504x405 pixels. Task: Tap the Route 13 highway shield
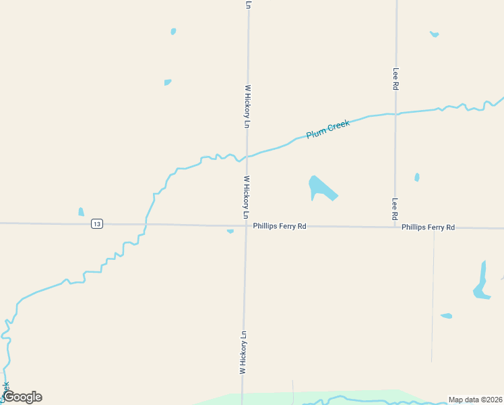(98, 224)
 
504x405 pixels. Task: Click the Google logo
(23, 397)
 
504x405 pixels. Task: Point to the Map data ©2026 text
(475, 400)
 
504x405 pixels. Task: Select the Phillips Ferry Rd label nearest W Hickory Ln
(280, 226)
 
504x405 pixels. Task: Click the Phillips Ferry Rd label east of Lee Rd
(428, 227)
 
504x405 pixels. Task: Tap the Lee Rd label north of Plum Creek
(396, 79)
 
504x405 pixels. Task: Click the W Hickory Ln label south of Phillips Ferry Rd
(243, 352)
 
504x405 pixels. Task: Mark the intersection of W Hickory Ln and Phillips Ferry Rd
(246, 225)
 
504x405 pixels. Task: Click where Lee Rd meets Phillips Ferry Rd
(396, 227)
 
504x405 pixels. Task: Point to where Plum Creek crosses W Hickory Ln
(247, 157)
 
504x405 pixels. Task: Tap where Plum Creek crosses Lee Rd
(396, 114)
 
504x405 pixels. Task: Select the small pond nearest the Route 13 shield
(82, 212)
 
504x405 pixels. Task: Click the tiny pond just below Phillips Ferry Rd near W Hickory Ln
(230, 232)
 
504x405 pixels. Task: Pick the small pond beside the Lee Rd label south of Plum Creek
(417, 178)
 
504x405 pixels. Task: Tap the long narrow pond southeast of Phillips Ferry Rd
(482, 281)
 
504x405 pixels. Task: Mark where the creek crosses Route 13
(145, 224)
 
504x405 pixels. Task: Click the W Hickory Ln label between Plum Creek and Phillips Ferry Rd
(247, 197)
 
